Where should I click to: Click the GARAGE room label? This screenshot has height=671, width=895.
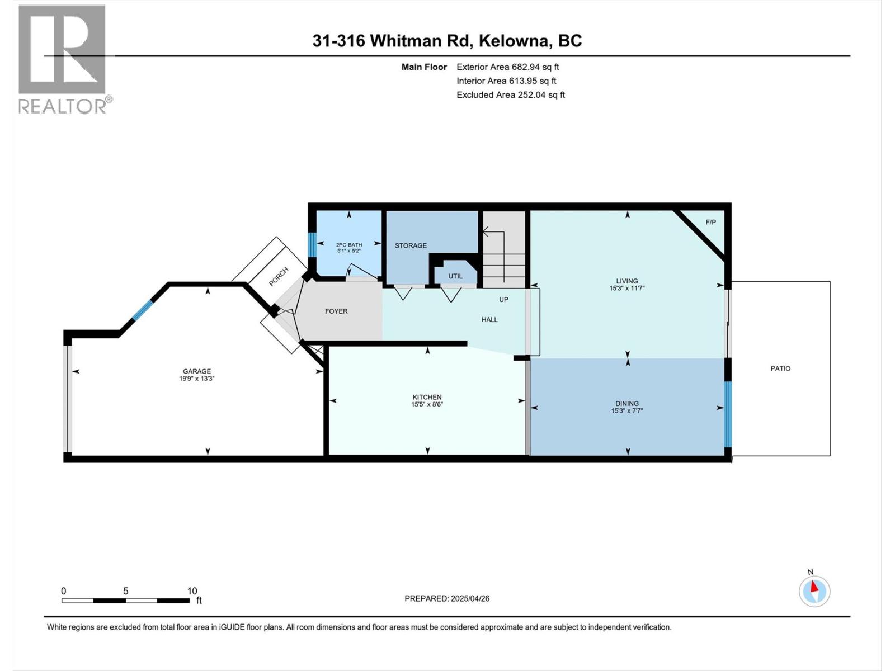[x=196, y=371]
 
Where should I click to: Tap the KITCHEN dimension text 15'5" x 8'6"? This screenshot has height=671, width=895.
[x=427, y=404]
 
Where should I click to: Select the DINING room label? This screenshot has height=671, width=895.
[x=626, y=403]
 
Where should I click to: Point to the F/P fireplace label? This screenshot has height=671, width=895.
[x=710, y=222]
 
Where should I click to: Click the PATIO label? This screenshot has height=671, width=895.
[x=780, y=368]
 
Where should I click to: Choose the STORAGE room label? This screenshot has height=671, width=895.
[x=411, y=245]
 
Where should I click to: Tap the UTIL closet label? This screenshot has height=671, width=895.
[x=455, y=276]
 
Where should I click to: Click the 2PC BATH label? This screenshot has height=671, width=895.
[x=348, y=245]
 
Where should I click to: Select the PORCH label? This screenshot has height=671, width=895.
[x=279, y=277]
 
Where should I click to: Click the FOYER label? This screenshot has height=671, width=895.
[x=336, y=311]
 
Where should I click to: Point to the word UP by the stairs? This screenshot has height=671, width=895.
[x=503, y=300]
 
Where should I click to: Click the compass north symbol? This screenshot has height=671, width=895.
[x=814, y=591]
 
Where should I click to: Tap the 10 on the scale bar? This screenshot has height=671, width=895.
[x=192, y=591]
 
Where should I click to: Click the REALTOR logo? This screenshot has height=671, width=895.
[x=63, y=59]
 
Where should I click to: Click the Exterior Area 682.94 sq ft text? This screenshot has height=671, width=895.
[x=507, y=67]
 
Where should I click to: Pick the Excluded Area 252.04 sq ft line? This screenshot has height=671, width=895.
[x=510, y=95]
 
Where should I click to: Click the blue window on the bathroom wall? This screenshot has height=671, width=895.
[x=313, y=244]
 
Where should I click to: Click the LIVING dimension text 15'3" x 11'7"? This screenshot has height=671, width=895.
[x=626, y=289]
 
